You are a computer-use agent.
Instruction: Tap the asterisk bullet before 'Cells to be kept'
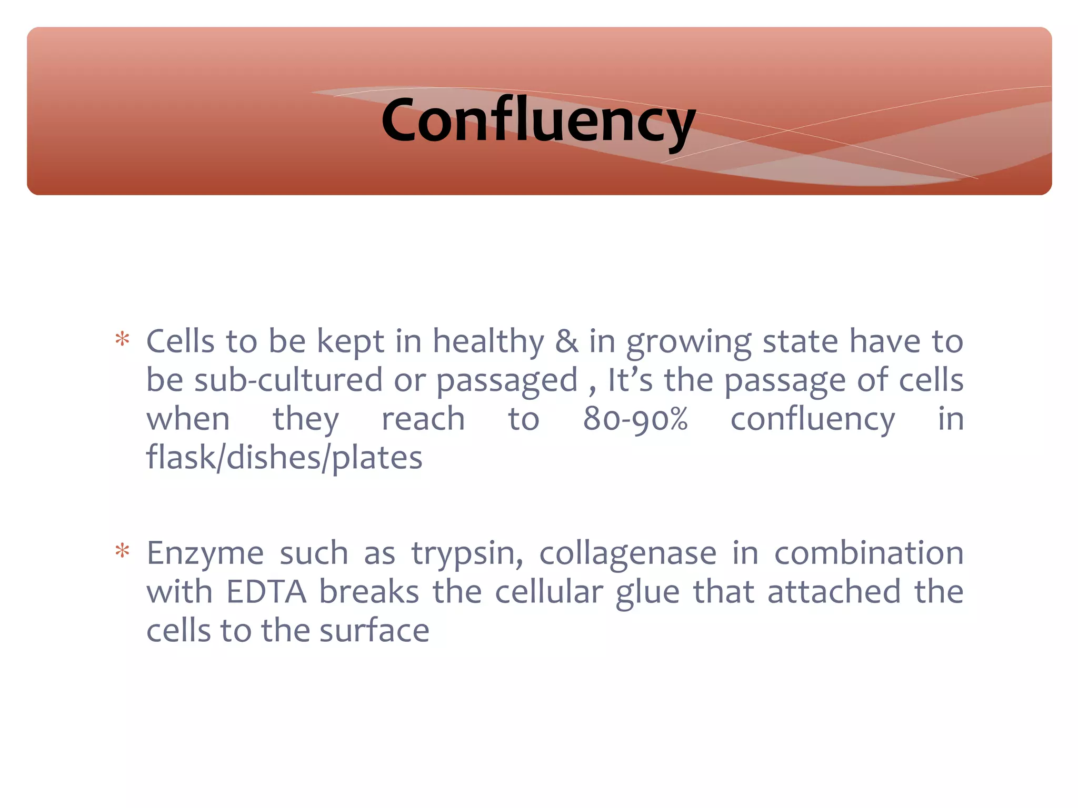(x=122, y=340)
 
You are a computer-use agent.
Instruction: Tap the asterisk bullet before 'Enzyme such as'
(x=122, y=551)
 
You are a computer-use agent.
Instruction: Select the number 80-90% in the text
(x=635, y=419)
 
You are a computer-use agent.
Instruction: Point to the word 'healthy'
(x=488, y=342)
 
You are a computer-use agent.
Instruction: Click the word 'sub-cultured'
(x=288, y=380)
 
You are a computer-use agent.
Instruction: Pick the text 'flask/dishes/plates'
(x=284, y=458)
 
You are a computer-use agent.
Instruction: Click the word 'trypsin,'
(x=467, y=554)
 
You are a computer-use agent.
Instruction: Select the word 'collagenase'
(x=627, y=553)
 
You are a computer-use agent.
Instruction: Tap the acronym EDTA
(x=266, y=592)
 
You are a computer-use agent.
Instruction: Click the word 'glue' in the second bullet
(x=647, y=592)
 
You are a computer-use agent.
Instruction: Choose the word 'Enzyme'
(x=205, y=554)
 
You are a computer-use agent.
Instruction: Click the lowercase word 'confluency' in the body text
(x=812, y=420)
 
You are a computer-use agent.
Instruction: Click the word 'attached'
(x=834, y=592)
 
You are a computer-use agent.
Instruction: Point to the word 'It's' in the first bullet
(x=630, y=380)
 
